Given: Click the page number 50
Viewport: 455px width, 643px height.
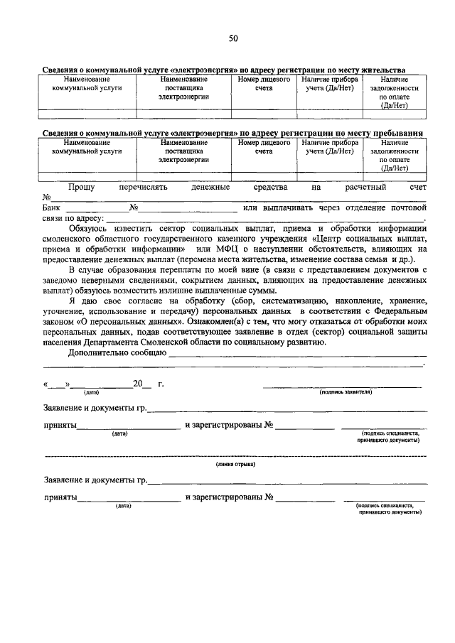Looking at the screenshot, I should [x=232, y=39].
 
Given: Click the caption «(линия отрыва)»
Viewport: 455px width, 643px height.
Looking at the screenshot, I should [x=236, y=463].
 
